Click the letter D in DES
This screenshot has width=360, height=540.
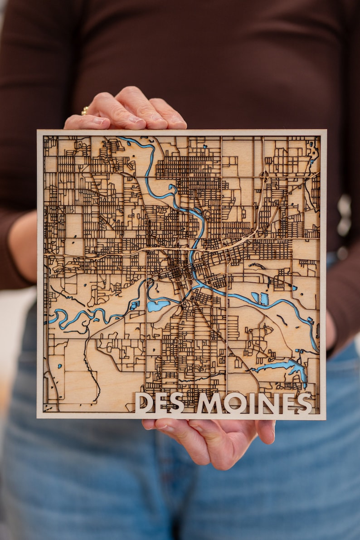[144, 403]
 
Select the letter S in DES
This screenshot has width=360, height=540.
[177, 403]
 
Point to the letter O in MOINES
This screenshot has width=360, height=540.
[235, 403]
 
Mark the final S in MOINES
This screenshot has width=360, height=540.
[304, 403]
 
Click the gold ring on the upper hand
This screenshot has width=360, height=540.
[85, 111]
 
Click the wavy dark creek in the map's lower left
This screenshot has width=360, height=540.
[91, 363]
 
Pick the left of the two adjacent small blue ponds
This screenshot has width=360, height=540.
[255, 297]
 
